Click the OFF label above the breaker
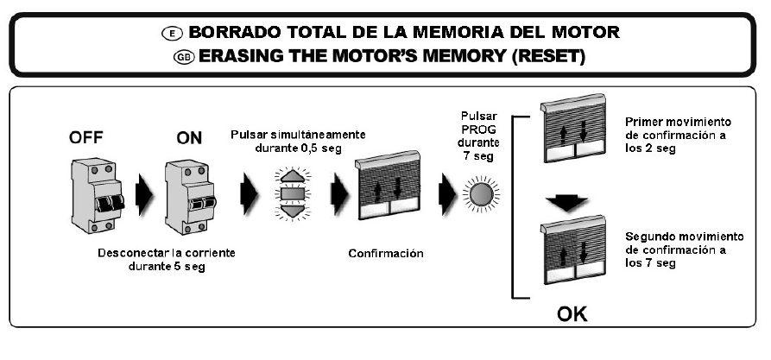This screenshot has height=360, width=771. click(x=89, y=136)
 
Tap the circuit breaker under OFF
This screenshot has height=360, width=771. click(x=93, y=197)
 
